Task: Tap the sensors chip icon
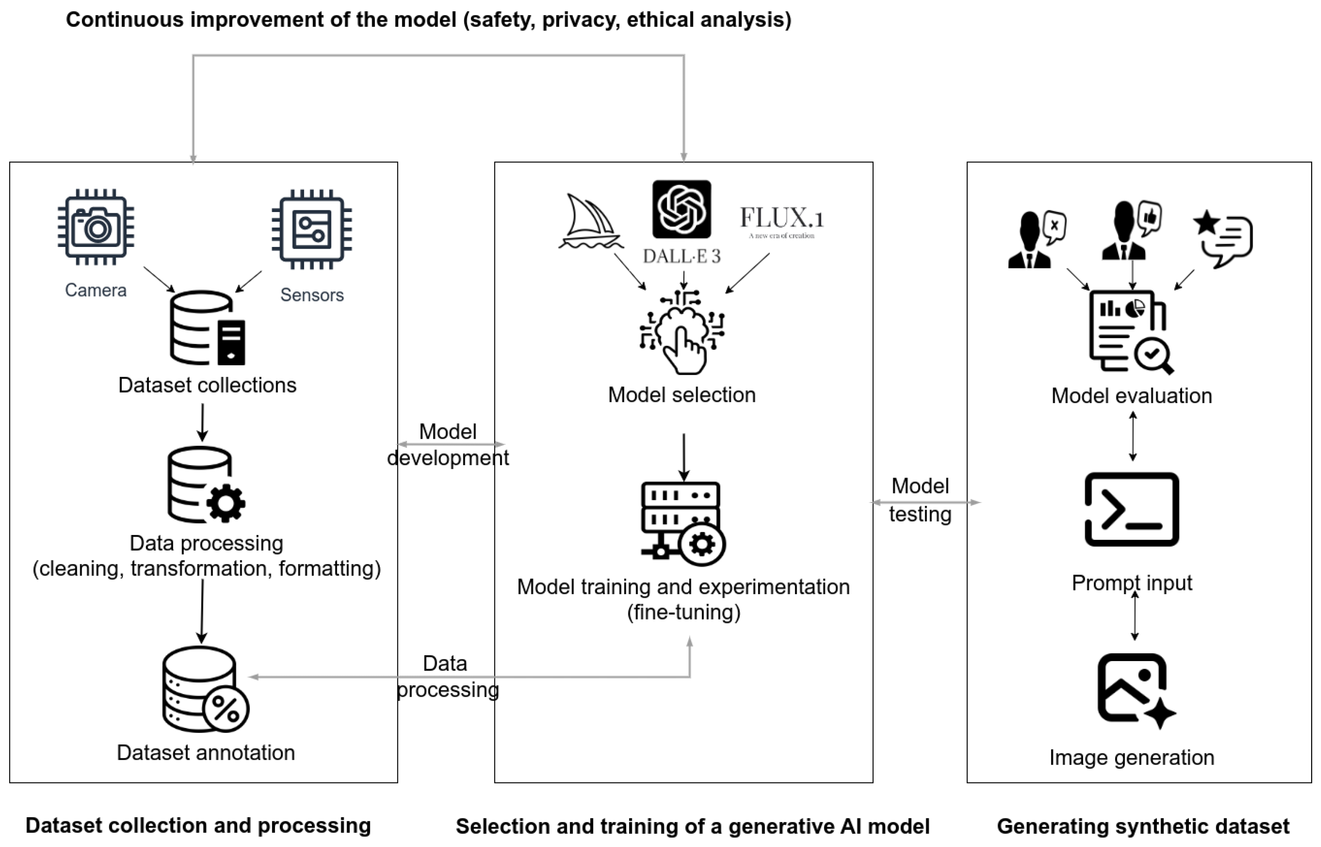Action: coord(312,229)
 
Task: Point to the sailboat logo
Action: coord(591,221)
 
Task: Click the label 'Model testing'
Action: coord(921,500)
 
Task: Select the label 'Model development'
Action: coord(448,444)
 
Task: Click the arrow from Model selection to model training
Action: coord(684,457)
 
